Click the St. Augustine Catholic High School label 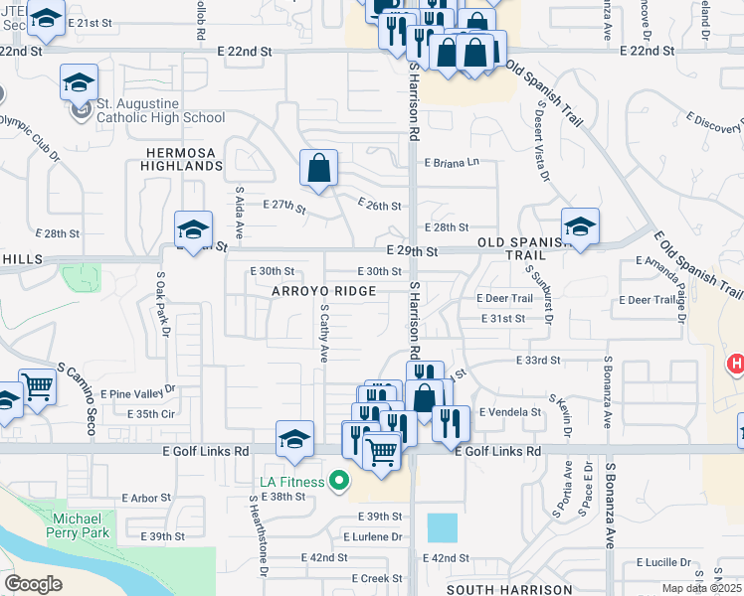tap(160, 110)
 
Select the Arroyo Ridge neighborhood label tap(325, 291)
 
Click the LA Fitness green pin tap(339, 483)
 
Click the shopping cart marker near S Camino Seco tap(37, 387)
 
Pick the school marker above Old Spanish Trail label tap(579, 226)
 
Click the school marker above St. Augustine tap(79, 83)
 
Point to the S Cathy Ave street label tap(324, 333)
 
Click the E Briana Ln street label tap(452, 162)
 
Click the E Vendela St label tap(509, 412)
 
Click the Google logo tap(34, 584)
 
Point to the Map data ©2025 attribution tap(702, 589)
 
